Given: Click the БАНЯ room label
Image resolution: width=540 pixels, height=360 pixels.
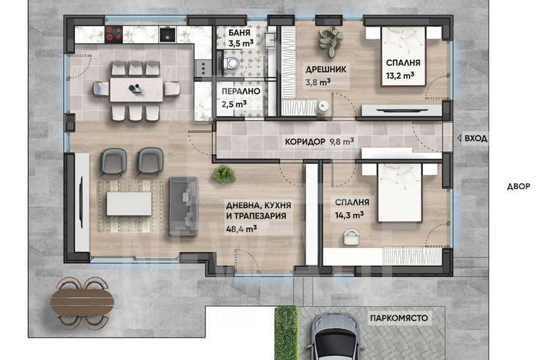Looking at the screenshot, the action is (239, 32).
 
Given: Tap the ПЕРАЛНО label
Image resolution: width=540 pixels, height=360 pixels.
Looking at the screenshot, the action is (241, 91).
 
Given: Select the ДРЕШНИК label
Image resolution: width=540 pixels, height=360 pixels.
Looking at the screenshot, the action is (326, 70).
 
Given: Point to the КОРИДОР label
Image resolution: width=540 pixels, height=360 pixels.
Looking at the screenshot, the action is (305, 141).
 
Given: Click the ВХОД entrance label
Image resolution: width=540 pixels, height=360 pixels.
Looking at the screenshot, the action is (476, 138).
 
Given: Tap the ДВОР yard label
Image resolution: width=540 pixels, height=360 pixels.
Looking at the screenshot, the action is (518, 186).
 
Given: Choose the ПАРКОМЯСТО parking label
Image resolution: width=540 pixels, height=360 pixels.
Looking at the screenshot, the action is (399, 318).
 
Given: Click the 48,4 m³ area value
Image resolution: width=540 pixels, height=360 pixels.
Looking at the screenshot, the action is (241, 228).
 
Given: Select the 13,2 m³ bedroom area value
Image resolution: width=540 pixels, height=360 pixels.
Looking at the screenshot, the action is (400, 75).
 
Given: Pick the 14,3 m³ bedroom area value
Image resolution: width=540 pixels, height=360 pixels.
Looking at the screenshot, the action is (349, 215).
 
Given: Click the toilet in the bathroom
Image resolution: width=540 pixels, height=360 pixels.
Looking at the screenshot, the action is (229, 63).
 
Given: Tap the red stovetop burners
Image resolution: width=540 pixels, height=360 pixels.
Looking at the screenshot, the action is (114, 34).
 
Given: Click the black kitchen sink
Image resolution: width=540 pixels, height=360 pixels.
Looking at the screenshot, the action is (168, 34).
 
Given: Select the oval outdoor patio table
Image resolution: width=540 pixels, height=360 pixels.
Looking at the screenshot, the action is (82, 303).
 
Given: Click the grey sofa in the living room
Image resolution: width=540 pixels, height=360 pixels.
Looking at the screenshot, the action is (184, 206).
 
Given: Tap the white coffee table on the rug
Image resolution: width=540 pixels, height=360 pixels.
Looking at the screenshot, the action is (129, 203).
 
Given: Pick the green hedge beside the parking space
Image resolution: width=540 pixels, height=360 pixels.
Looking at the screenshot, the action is (287, 333).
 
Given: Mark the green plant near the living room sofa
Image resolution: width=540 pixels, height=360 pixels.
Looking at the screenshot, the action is (224, 174).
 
